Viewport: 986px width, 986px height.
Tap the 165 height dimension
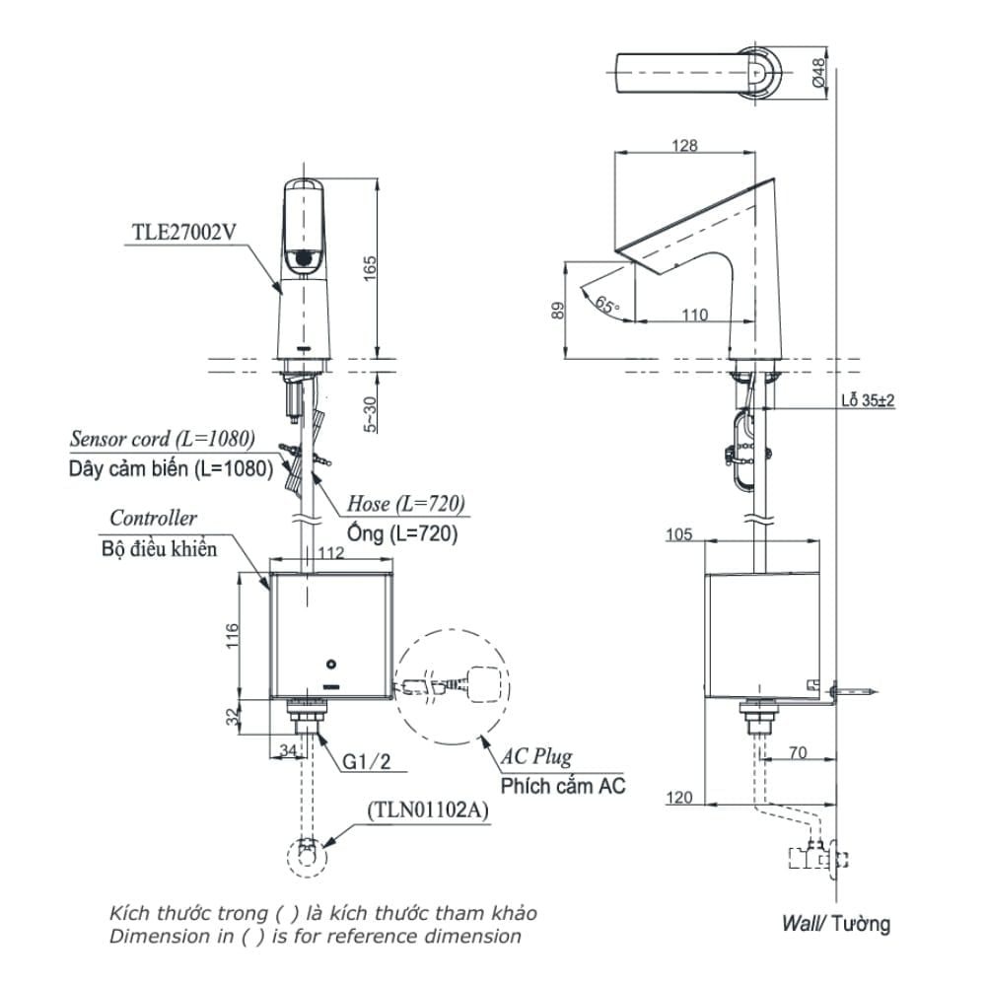click(369, 266)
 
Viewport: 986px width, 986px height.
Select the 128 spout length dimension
click(684, 146)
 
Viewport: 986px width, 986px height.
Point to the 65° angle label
click(607, 305)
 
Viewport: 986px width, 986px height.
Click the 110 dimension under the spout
click(694, 316)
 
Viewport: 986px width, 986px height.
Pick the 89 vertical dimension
click(558, 311)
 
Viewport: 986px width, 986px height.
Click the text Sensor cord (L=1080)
click(163, 439)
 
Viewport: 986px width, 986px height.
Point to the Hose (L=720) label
click(405, 504)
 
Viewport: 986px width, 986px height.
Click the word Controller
click(153, 519)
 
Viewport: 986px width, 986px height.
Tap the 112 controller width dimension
click(331, 553)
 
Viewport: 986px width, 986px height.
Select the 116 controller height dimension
click(232, 636)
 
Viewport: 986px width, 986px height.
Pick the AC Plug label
click(535, 757)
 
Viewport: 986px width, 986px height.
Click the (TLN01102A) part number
click(427, 810)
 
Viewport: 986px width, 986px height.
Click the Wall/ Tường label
click(835, 923)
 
